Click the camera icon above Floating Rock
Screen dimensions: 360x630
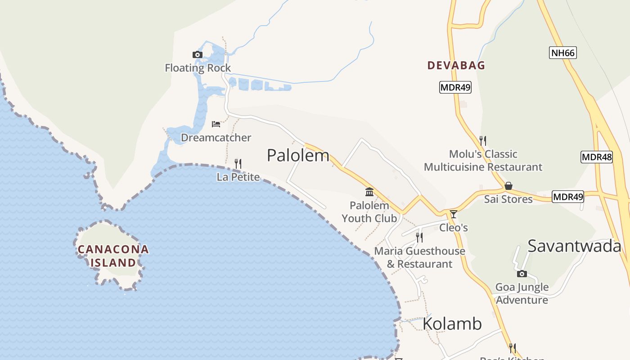(x=197, y=55)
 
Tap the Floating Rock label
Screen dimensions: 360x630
(x=198, y=68)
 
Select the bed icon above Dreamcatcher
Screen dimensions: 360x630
(x=216, y=124)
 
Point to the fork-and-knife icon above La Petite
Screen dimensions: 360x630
(x=238, y=163)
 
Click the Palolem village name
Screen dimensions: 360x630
(x=298, y=155)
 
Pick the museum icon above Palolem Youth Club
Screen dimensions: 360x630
(x=369, y=192)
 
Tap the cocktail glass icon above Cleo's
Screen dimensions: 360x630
(x=454, y=214)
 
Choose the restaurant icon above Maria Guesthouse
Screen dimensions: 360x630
(x=419, y=237)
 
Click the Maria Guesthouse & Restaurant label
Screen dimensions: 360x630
(x=420, y=257)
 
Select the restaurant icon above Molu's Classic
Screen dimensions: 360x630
(x=483, y=141)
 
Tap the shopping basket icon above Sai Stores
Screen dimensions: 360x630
(x=508, y=185)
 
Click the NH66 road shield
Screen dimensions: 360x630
(x=563, y=53)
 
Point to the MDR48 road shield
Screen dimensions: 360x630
(x=597, y=157)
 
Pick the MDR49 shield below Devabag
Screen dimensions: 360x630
(x=455, y=87)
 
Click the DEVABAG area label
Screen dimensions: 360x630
(x=456, y=65)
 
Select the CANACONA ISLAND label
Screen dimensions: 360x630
(x=113, y=256)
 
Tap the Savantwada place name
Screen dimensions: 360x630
(x=574, y=246)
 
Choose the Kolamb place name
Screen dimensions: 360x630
(x=452, y=324)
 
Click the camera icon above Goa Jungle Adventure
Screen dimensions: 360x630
(x=522, y=274)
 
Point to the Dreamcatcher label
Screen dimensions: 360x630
(x=216, y=137)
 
